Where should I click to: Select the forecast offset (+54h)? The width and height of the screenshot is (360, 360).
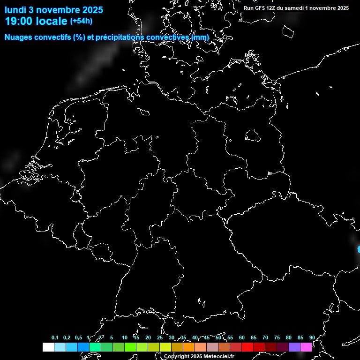coord(81,21)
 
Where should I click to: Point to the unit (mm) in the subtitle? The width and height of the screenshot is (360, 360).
coord(200,37)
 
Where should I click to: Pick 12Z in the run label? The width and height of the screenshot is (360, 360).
coord(271,8)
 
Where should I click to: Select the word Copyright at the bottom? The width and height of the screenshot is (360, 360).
coord(177,357)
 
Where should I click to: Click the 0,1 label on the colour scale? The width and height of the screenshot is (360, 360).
coord(55,338)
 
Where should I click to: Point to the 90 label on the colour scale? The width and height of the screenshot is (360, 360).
coord(312,338)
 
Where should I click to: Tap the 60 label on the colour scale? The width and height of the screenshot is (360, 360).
coord(241,338)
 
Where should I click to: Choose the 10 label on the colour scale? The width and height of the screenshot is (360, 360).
coord(124,338)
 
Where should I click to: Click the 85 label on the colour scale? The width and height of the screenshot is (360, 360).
coord(300,338)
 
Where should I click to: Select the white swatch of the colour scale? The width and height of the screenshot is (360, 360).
coord(48,347)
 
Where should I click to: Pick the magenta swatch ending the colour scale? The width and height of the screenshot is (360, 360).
coord(306,347)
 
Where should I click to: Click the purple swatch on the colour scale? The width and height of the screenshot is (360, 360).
coord(294,347)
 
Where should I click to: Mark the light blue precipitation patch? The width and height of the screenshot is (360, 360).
coord(359,249)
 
